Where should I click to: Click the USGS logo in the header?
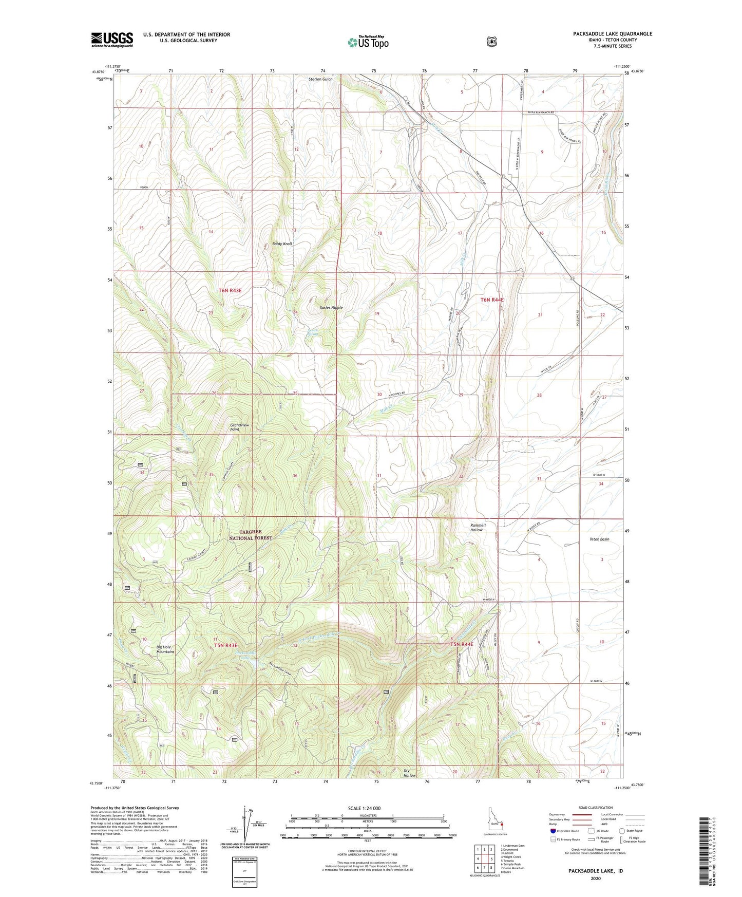tap(112, 40)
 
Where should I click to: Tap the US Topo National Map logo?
tap(367, 42)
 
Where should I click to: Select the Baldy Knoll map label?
tap(282, 244)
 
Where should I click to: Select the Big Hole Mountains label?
tap(165, 649)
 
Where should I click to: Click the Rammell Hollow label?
tap(478, 528)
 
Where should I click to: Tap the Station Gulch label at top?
tap(320, 79)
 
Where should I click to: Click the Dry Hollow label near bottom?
tap(409, 772)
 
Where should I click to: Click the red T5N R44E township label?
tap(462, 644)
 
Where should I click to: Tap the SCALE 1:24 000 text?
tap(364, 809)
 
